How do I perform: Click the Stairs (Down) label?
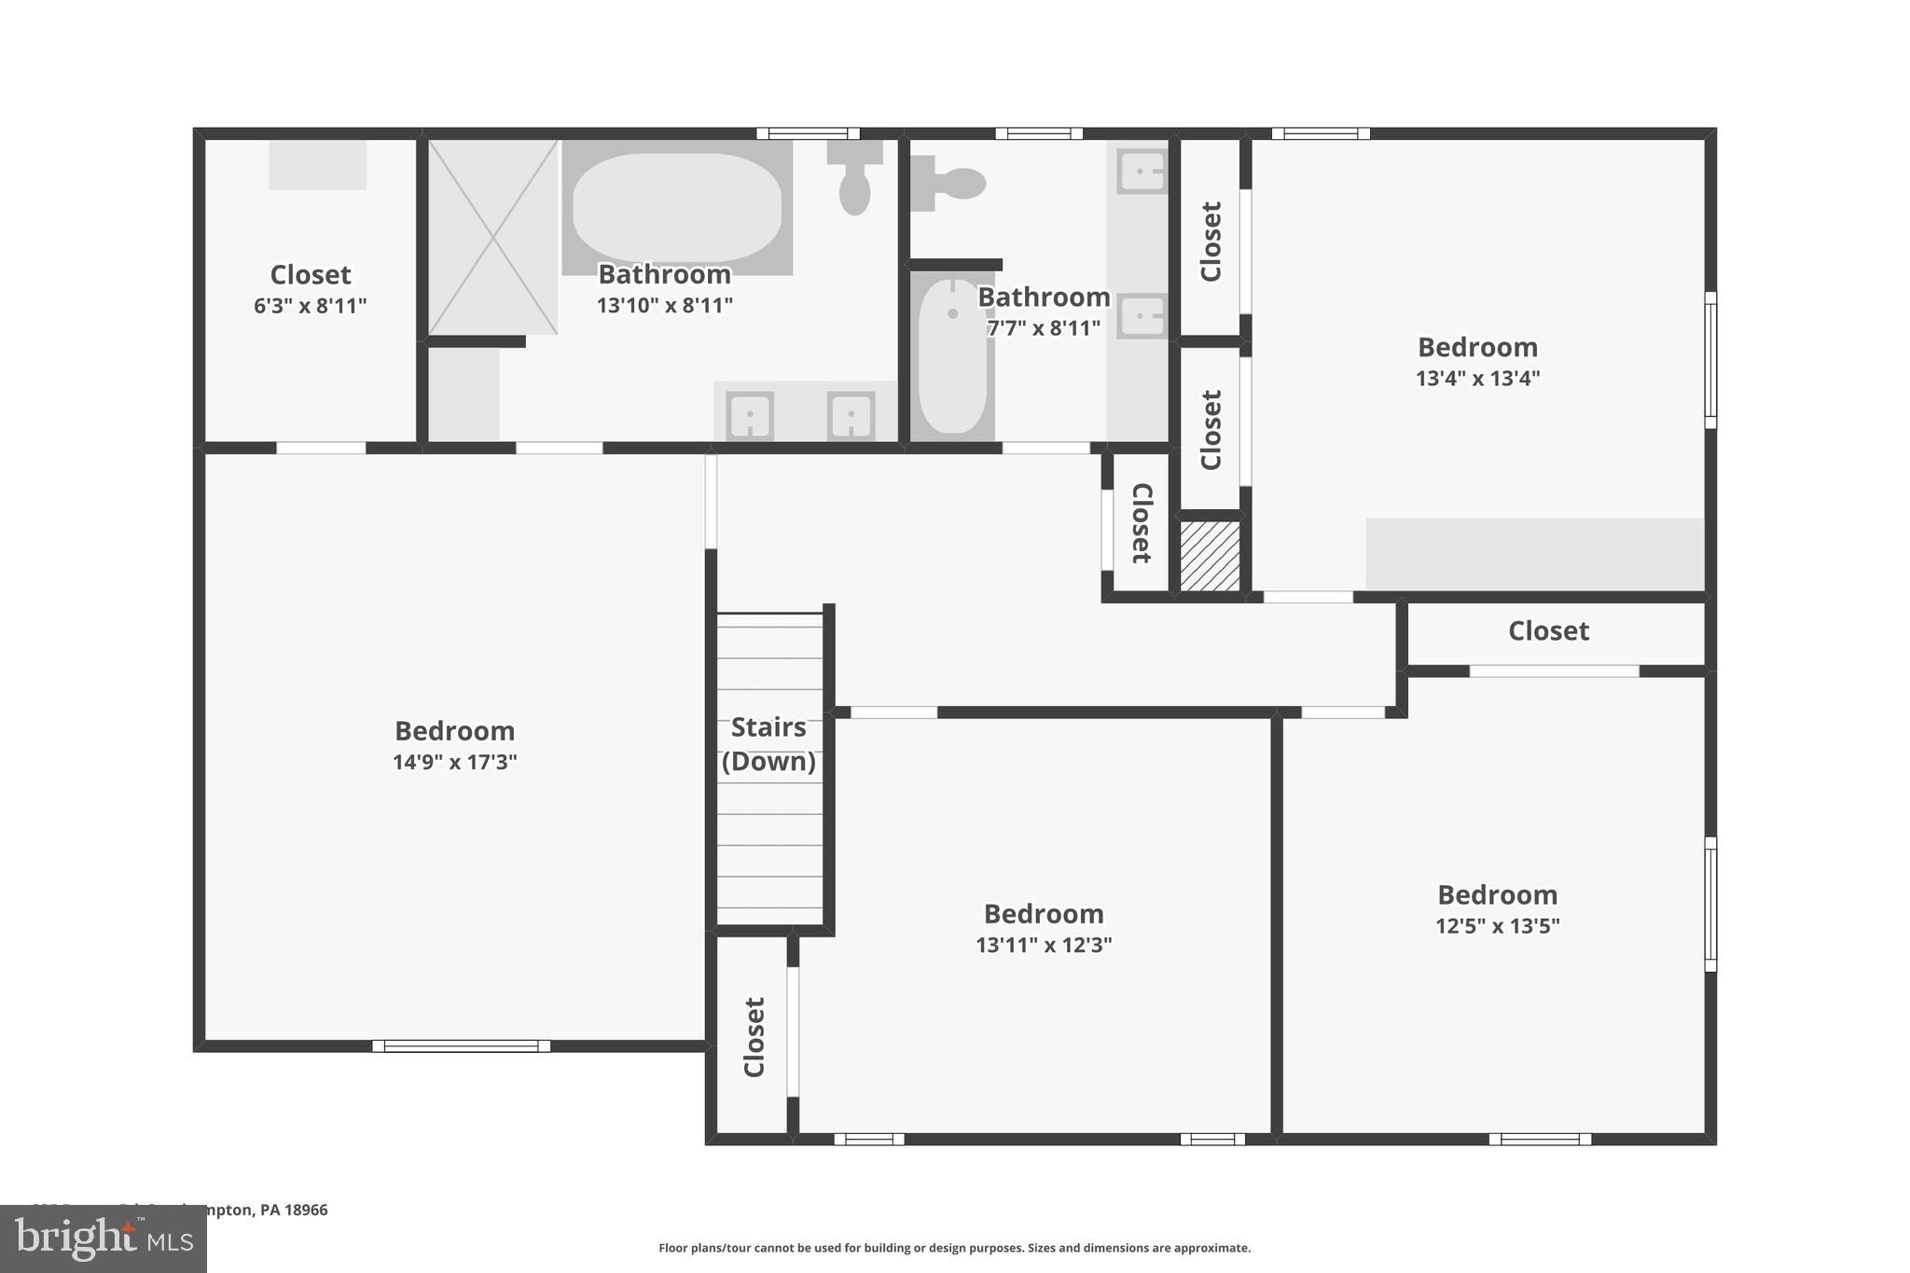[768, 744]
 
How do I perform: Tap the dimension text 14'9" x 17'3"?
[454, 762]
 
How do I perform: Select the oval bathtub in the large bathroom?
[677, 208]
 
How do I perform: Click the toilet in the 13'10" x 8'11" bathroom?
[854, 179]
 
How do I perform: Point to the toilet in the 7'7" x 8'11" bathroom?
[951, 183]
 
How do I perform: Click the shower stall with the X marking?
[492, 237]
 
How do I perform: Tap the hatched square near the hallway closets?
[1210, 556]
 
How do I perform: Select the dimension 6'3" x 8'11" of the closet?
[310, 306]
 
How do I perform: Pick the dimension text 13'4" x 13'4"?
[1477, 378]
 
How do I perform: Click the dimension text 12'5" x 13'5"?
[1497, 926]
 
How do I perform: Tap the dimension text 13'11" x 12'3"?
[1044, 945]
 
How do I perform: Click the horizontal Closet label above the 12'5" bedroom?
[1548, 631]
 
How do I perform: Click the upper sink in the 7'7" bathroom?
[1142, 172]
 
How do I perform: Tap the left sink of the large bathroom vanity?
[750, 415]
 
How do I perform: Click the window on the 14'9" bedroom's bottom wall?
[461, 1045]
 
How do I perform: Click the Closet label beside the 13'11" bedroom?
[754, 1037]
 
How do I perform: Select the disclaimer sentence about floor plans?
[954, 1248]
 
